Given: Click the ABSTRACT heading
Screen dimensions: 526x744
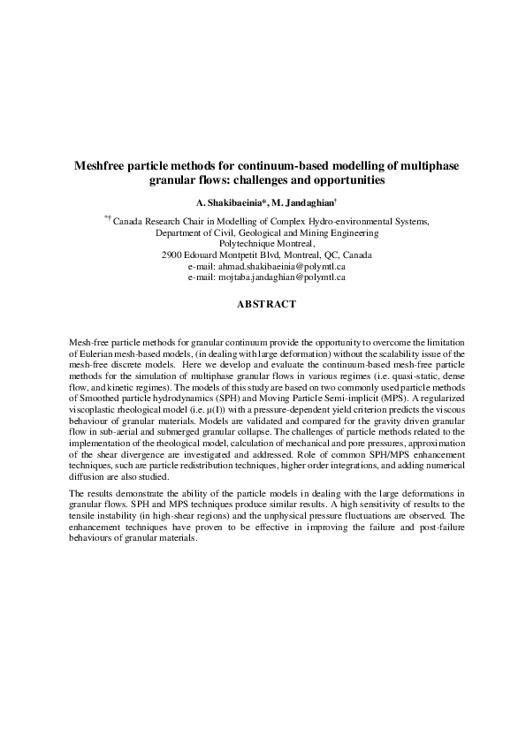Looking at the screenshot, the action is [x=266, y=304].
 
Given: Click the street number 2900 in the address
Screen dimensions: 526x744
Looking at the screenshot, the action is [x=175, y=254].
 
